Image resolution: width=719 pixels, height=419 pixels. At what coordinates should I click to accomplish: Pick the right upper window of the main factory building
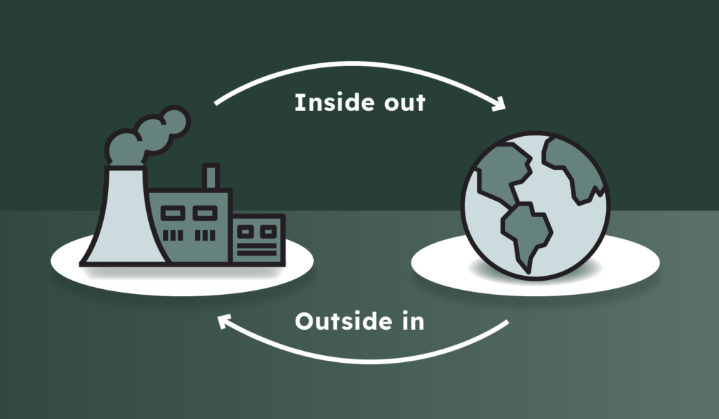[205, 211]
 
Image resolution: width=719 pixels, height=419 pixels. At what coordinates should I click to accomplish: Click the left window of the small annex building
[246, 230]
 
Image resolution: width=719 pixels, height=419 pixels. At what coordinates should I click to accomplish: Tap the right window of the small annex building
[269, 230]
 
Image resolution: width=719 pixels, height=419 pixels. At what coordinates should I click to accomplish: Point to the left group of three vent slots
[173, 234]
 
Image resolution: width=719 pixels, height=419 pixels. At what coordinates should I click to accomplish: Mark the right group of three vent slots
[205, 234]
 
